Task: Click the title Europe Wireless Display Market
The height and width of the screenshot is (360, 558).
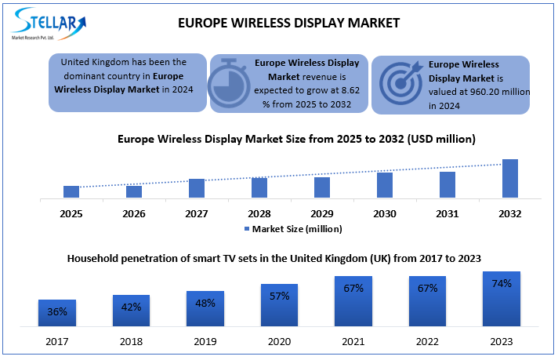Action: pos(289,23)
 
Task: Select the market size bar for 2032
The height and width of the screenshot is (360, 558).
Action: pos(509,179)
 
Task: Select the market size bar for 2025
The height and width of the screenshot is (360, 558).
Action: pos(71,191)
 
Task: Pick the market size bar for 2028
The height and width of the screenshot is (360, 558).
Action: pos(259,187)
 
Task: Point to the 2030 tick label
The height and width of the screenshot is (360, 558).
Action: pos(384,213)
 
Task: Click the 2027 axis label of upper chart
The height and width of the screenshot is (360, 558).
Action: pos(197,213)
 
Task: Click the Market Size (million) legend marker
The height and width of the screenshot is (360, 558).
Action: pos(245,228)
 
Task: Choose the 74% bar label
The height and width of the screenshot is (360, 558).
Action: pos(501,283)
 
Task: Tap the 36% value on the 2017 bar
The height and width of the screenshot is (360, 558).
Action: pos(57,311)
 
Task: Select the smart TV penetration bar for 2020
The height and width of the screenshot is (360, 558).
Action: pos(280,305)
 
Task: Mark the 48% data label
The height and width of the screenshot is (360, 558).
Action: pos(205,304)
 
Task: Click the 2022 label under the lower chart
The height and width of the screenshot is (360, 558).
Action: pos(427,341)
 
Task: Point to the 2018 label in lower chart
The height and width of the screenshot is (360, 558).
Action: pos(131,341)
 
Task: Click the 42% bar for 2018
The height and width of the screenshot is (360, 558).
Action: pos(131,311)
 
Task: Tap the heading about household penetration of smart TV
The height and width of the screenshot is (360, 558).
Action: pos(274,257)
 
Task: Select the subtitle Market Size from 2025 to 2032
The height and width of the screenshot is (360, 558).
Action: pos(296,139)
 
